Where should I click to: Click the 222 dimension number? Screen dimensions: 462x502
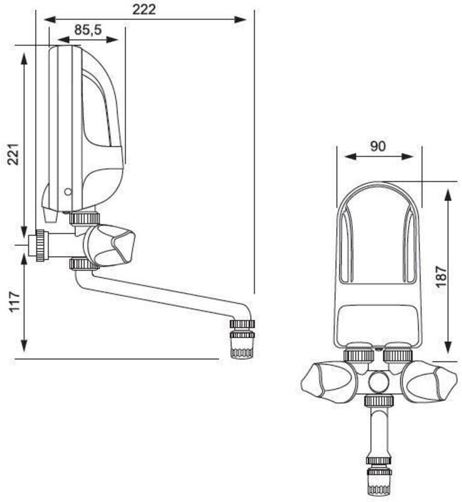pos(144,9)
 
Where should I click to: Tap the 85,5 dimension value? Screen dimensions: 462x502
pos(89,29)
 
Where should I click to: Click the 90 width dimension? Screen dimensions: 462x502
pos(377,146)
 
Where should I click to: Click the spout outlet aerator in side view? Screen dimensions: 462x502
pos(242,339)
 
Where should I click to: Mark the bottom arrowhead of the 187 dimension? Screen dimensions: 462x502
pos(448,349)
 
